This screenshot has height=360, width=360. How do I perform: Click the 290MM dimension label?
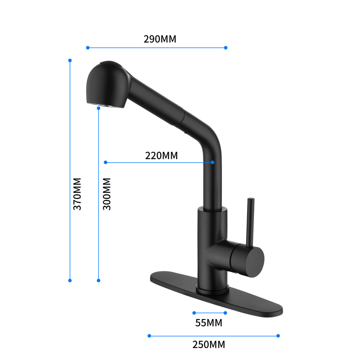(x=160, y=39)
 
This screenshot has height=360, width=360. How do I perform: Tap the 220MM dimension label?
(x=161, y=155)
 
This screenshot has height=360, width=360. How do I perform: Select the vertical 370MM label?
(x=77, y=194)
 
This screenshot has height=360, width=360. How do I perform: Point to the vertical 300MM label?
(x=107, y=194)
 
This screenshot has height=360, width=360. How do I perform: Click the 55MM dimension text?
(x=208, y=323)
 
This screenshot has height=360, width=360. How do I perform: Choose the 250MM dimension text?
(x=208, y=345)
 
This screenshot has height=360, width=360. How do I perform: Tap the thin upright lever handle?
(x=250, y=223)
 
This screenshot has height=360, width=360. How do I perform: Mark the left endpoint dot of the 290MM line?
(x=88, y=48)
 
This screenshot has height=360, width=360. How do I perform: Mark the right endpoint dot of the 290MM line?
(x=226, y=48)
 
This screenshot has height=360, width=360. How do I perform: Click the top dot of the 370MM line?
(x=70, y=61)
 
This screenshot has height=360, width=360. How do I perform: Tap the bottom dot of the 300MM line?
(x=99, y=280)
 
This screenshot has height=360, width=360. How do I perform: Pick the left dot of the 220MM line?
(x=105, y=162)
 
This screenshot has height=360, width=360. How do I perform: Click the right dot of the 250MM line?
(x=278, y=336)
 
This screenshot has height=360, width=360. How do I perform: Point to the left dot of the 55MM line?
(x=194, y=313)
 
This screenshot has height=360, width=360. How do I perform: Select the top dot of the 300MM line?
(x=99, y=108)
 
